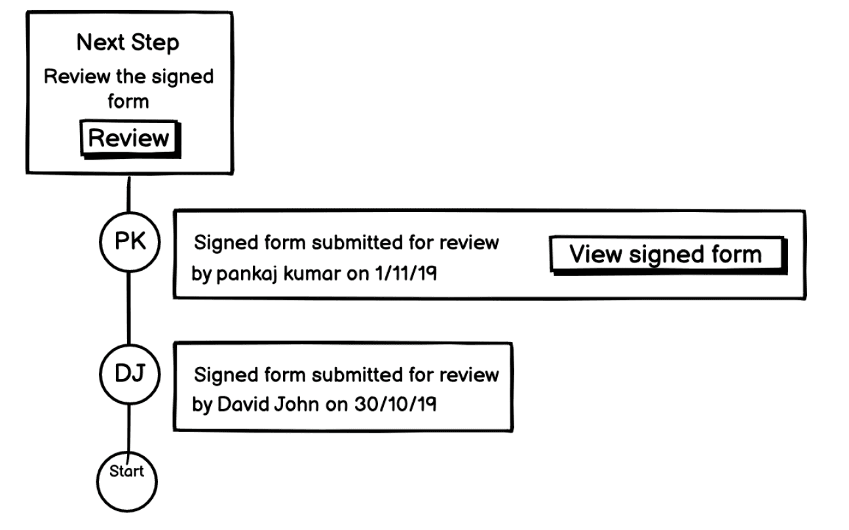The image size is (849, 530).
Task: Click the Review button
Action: [x=129, y=139]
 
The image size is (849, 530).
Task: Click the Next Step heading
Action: [x=128, y=43]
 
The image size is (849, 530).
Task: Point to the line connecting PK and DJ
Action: [x=129, y=310]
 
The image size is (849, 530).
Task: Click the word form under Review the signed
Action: [x=128, y=101]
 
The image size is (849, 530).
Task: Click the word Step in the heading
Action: [x=155, y=43]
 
